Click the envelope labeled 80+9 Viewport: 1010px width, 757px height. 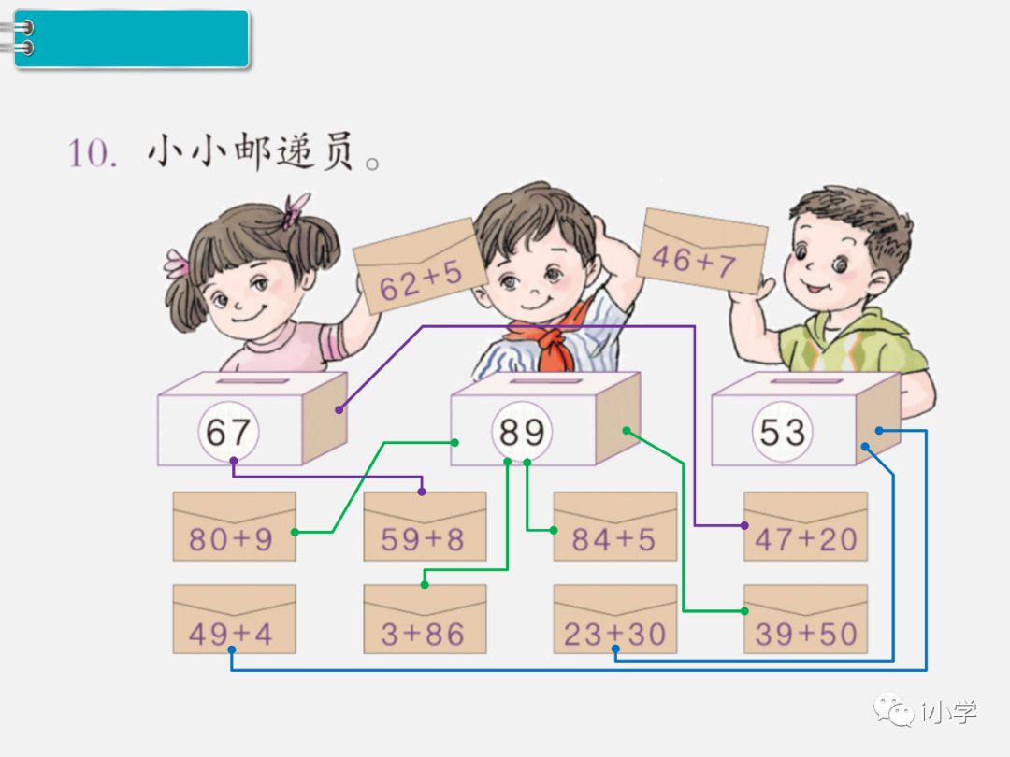click(234, 526)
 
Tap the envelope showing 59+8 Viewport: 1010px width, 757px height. click(425, 526)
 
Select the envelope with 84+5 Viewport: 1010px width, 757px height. click(614, 526)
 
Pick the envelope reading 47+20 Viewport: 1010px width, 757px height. click(805, 526)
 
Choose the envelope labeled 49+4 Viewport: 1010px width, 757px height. click(234, 620)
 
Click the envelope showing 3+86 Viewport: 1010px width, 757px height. click(425, 620)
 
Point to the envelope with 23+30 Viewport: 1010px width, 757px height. click(614, 620)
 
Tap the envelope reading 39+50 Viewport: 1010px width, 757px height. click(805, 620)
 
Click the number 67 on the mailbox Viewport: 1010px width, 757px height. click(228, 433)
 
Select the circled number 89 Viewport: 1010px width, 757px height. click(522, 433)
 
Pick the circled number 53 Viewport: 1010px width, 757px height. click(782, 433)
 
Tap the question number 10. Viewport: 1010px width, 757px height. click(92, 152)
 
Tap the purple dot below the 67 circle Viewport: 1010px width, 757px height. click(233, 461)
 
